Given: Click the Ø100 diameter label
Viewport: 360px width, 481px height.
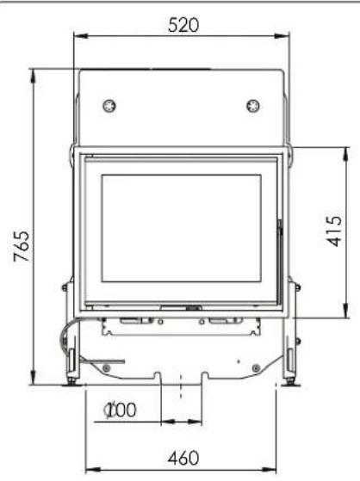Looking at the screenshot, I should [x=121, y=410].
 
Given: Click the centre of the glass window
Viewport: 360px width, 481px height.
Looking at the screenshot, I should [x=181, y=227].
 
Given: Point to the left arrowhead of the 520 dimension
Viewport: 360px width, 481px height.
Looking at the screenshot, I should [x=77, y=35].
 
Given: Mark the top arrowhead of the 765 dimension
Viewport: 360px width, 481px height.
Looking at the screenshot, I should [x=34, y=71].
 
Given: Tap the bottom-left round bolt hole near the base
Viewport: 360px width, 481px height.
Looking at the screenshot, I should [x=106, y=368].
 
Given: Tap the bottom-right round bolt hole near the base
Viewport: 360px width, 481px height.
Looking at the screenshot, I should [x=255, y=368].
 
